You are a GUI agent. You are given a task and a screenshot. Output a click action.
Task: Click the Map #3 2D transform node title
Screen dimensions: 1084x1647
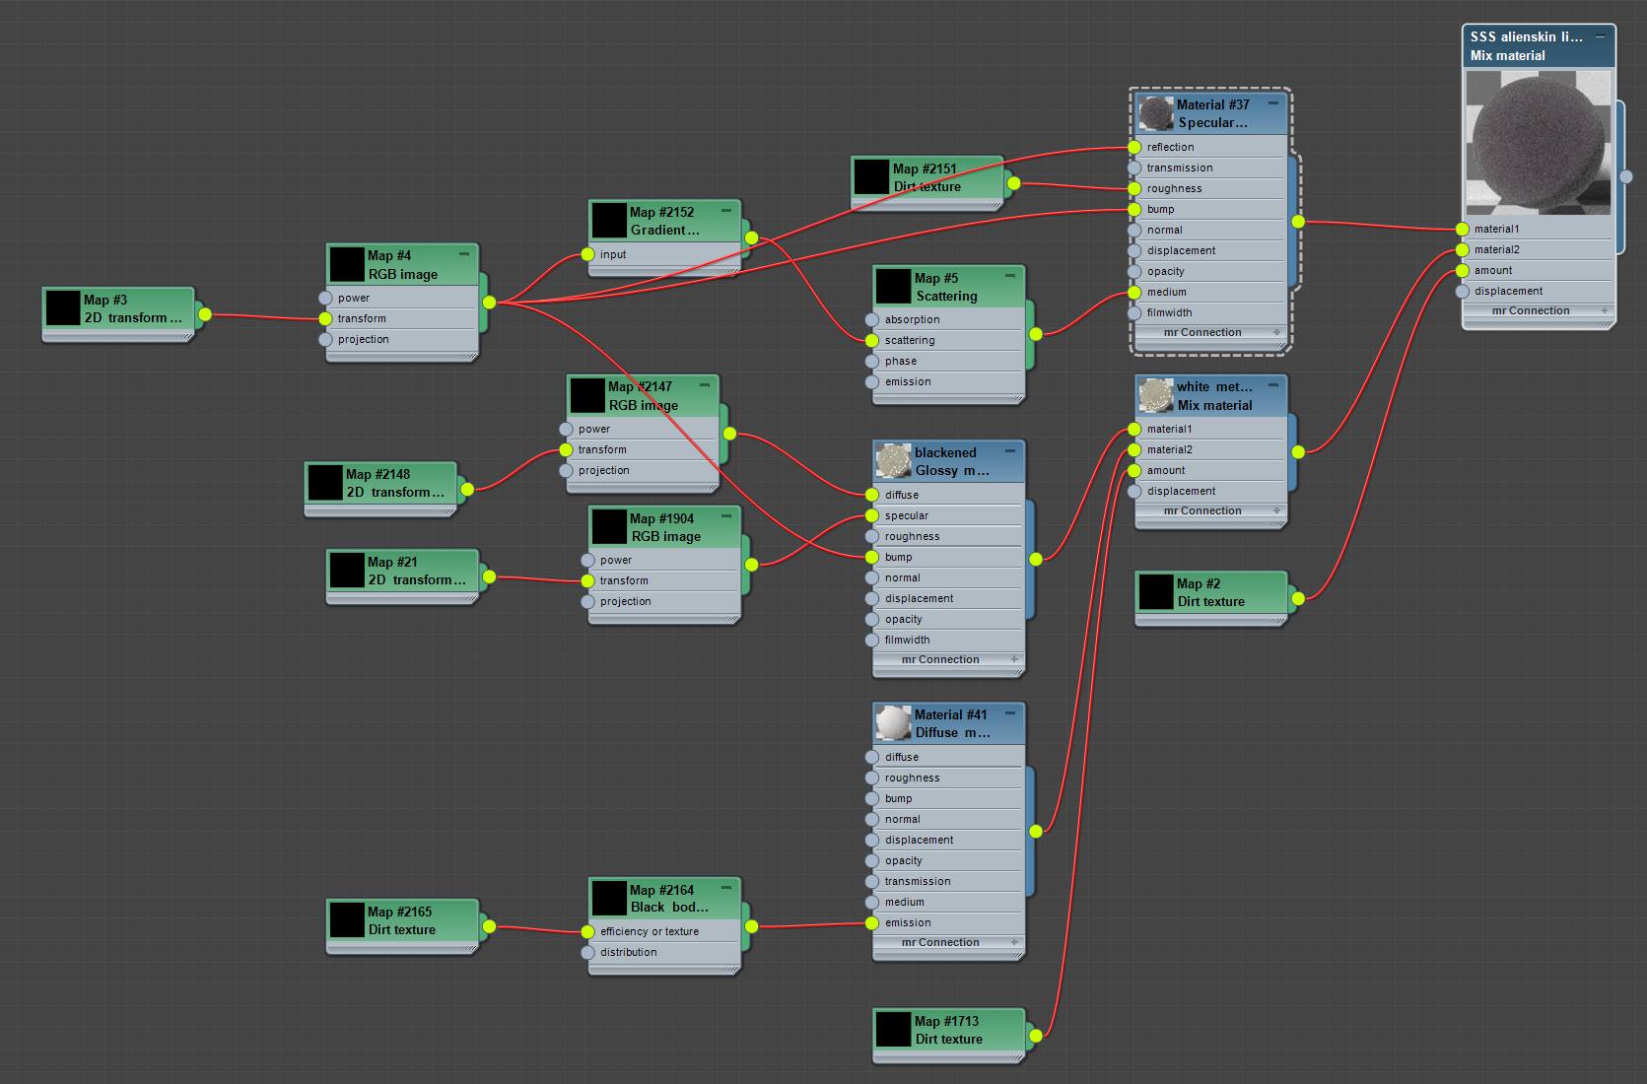click(x=133, y=308)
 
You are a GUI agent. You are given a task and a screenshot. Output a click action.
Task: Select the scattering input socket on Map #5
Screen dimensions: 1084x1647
click(x=871, y=340)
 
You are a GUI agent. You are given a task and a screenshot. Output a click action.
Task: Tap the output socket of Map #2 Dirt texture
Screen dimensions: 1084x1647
click(x=1298, y=598)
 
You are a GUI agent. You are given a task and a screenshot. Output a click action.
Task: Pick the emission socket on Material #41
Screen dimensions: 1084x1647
click(x=871, y=923)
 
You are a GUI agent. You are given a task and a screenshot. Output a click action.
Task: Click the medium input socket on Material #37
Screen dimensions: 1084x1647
click(x=1134, y=293)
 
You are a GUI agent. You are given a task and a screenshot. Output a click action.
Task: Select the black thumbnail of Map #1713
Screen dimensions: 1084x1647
click(x=893, y=1030)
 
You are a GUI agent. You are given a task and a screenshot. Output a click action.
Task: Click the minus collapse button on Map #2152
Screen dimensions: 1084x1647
click(x=726, y=211)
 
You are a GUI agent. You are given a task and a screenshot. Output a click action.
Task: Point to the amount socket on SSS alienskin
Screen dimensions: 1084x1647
click(x=1462, y=271)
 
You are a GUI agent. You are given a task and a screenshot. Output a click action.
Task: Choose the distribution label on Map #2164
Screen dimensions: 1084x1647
click(x=628, y=952)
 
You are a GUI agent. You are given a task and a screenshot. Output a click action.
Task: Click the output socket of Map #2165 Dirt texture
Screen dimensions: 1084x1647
click(x=489, y=926)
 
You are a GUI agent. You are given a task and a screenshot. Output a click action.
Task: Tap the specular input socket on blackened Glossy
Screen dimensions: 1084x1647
click(x=871, y=515)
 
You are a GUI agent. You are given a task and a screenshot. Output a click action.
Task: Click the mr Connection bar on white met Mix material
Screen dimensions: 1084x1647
click(x=1202, y=510)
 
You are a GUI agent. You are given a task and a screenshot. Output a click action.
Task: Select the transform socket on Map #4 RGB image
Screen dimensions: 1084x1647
click(x=325, y=318)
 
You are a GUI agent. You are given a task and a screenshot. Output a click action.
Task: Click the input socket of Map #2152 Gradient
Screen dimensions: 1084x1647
click(x=587, y=254)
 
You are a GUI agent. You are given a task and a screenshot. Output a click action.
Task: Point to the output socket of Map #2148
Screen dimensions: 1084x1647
click(x=467, y=489)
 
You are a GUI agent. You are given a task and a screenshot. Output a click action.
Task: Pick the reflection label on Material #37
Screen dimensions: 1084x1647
click(x=1170, y=147)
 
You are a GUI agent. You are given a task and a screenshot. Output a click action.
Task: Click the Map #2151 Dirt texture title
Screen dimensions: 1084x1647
click(x=926, y=177)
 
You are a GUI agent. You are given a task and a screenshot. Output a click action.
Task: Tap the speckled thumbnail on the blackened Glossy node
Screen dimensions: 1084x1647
click(x=893, y=461)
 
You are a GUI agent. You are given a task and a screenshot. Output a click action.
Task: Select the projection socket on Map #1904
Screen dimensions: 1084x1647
click(x=587, y=602)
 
